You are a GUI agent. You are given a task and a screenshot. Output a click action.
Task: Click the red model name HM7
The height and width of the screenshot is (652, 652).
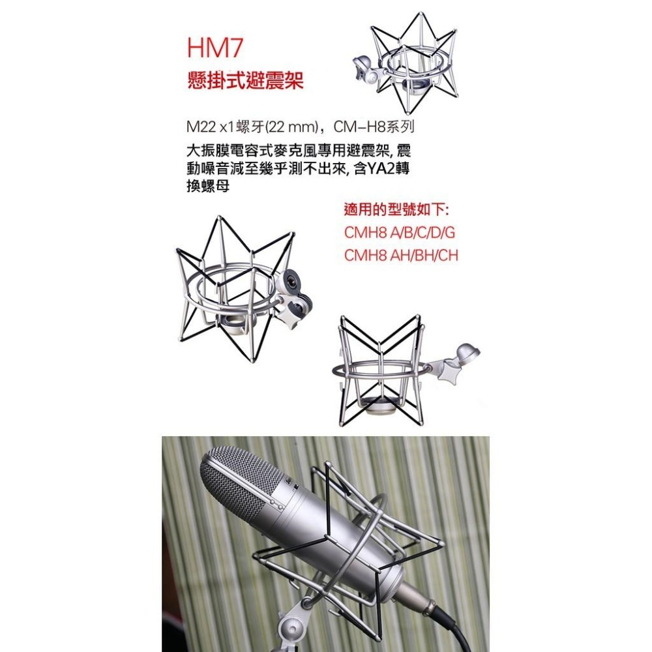213,50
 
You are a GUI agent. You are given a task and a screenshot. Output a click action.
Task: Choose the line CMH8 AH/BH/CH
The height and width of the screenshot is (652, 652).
401,255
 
